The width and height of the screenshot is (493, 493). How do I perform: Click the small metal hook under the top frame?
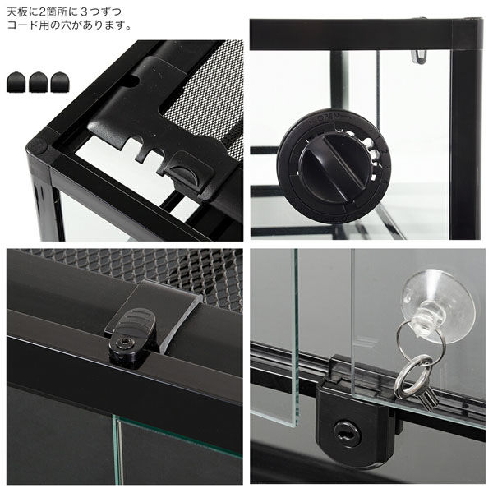coord(419,53)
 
